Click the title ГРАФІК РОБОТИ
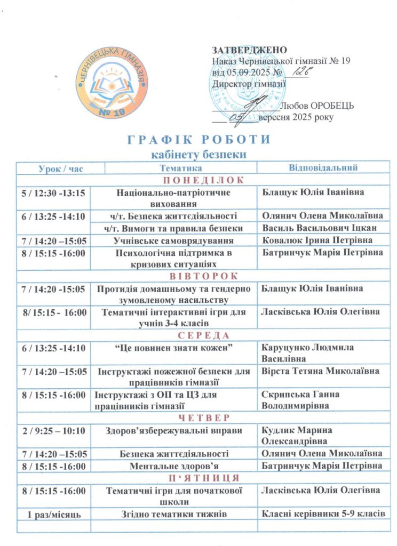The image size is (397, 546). [198, 140]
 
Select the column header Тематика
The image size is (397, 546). [180, 168]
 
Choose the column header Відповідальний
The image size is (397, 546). [322, 168]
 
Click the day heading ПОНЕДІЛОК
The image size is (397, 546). [198, 180]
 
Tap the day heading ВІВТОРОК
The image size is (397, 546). [198, 276]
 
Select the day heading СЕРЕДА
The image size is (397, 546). [198, 335]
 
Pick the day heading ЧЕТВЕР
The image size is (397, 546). [198, 417]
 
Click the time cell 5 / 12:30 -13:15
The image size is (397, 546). [53, 192]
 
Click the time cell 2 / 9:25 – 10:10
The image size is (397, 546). [53, 430]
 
